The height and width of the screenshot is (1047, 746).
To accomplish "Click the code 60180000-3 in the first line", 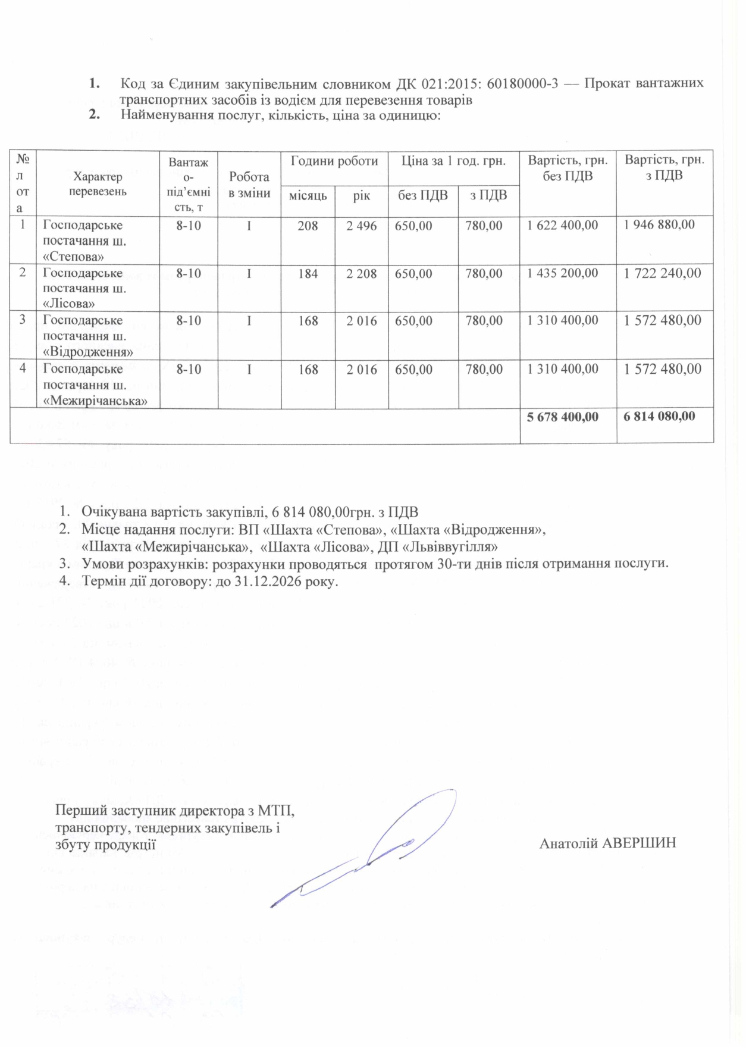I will (522, 83).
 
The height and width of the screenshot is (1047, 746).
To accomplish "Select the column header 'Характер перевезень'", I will (98, 184).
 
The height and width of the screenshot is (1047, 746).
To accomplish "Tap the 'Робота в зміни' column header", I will (249, 185).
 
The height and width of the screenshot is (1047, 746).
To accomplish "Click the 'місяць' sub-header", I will (308, 195).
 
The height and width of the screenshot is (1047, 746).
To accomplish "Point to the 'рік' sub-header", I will (361, 195).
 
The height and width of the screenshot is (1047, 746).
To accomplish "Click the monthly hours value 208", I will (308, 226).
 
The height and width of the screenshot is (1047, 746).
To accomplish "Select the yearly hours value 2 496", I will (362, 226).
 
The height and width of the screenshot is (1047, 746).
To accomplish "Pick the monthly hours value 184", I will (308, 274).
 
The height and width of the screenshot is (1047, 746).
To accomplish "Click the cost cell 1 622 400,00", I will (563, 226).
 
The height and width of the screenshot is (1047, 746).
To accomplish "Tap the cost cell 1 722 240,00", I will (662, 273).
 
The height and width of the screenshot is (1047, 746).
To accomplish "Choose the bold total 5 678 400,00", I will (563, 417).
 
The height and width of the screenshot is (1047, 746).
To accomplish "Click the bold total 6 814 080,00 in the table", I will (659, 416).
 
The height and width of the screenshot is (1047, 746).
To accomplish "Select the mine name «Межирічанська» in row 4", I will (95, 401).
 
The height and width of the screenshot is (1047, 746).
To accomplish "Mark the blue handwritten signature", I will (369, 851).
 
